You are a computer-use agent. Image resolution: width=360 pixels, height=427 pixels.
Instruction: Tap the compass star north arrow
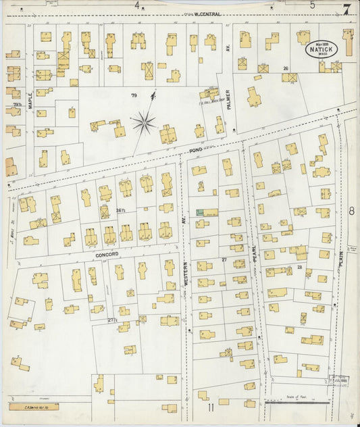144,122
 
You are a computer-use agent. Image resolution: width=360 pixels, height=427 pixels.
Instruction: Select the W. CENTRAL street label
205,14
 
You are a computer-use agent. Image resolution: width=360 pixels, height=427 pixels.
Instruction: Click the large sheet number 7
346,9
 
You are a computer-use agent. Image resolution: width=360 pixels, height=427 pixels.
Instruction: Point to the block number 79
134,95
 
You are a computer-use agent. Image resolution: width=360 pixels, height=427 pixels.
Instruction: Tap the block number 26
286,68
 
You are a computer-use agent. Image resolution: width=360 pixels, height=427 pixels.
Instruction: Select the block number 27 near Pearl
224,259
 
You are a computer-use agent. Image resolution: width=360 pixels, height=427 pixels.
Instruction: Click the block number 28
299,268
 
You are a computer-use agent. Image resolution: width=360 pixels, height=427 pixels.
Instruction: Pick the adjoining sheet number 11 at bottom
211,407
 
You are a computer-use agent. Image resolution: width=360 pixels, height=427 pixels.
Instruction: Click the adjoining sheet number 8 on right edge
351,211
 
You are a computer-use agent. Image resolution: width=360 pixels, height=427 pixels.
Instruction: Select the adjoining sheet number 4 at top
137,5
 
